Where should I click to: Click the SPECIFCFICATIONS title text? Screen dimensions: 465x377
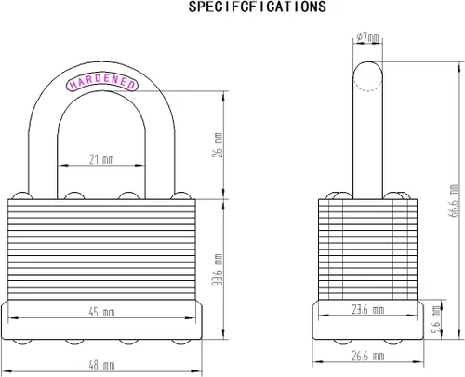pyautogui.click(x=258, y=7)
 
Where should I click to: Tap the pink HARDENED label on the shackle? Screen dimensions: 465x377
pyautogui.click(x=102, y=81)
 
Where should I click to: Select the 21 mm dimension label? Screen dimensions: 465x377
pyautogui.click(x=101, y=159)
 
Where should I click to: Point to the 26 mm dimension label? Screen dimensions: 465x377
pyautogui.click(x=218, y=145)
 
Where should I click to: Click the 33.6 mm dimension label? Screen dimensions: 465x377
pyautogui.click(x=218, y=269)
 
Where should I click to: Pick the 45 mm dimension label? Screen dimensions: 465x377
pyautogui.click(x=101, y=312)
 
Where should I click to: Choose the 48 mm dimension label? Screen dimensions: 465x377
pyautogui.click(x=101, y=365)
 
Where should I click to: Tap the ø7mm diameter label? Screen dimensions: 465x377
pyautogui.click(x=367, y=37)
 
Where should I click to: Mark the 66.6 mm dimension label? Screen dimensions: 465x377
pyautogui.click(x=454, y=201)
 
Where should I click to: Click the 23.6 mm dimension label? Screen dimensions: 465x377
pyautogui.click(x=368, y=309)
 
